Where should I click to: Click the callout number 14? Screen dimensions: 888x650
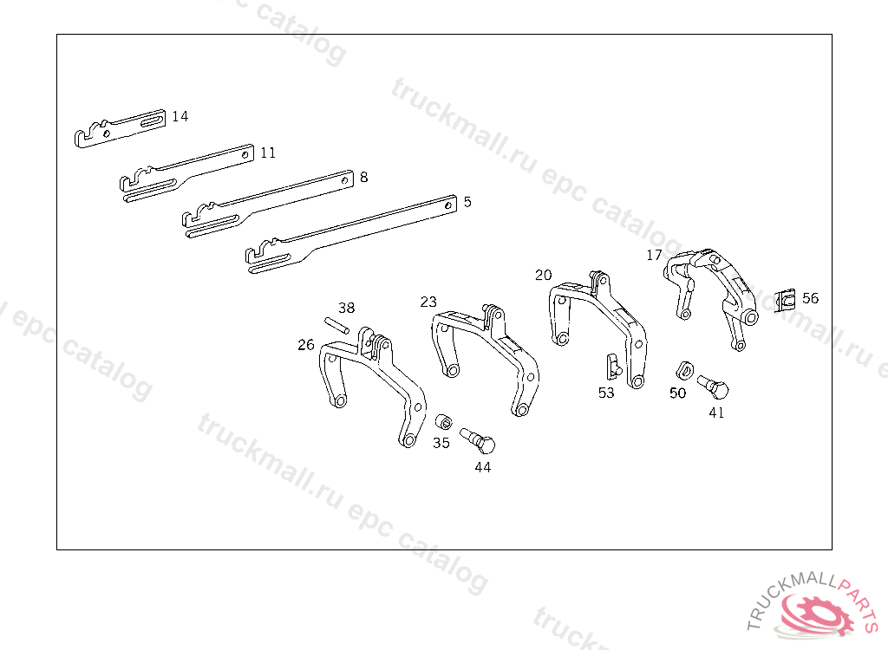180,116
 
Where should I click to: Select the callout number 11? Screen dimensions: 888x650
268,153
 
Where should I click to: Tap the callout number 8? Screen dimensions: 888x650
363,177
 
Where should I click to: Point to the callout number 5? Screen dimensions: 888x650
467,202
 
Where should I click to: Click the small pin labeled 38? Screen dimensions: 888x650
337,325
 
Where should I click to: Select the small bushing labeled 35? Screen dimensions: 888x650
442,422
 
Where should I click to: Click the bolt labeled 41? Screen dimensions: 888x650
713,385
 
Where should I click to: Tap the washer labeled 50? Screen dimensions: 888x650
683,368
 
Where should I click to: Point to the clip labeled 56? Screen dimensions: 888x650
786,301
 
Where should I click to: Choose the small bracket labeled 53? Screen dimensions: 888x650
612,366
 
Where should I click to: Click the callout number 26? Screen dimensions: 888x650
306,345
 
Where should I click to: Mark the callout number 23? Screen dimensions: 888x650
428,302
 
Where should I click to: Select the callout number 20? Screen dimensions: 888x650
543,275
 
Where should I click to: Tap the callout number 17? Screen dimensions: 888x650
654,255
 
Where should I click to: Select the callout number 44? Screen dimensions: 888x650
482,467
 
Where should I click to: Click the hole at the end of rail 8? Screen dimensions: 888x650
344,181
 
